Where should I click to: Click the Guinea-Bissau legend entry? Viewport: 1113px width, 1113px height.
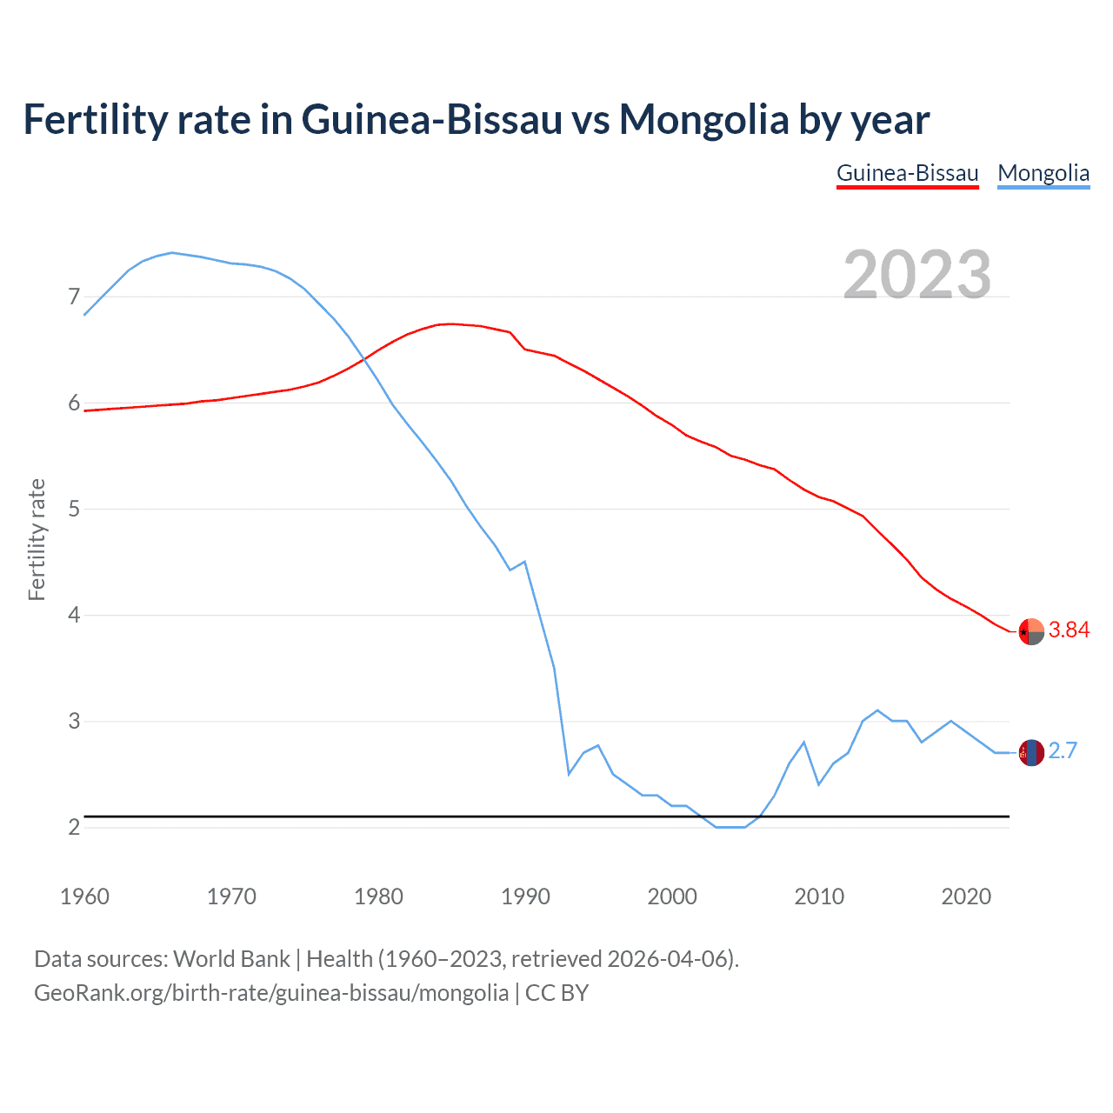point(907,173)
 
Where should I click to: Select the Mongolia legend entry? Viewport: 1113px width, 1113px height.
point(1043,173)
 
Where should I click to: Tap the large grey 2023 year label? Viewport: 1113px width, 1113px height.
point(916,275)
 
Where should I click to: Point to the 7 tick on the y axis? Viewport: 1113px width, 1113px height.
point(74,297)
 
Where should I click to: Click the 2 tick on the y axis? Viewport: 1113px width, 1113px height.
point(74,827)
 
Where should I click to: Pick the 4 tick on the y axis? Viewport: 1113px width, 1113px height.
point(74,616)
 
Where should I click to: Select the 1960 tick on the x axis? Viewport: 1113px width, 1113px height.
point(84,896)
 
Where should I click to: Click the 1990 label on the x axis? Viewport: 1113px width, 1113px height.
point(525,896)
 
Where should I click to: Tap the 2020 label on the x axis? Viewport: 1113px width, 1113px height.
point(966,896)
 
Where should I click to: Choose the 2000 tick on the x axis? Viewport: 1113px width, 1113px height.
point(672,896)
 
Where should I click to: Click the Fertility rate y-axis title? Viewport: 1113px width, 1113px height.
point(37,539)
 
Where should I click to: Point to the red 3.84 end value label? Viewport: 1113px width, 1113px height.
point(1069,630)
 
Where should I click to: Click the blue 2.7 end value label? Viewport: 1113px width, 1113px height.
point(1063,751)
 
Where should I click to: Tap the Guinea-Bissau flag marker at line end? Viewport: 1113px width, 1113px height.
point(1031,631)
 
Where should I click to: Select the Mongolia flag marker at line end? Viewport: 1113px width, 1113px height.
point(1031,752)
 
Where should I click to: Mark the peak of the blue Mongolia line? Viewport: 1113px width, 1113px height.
point(172,253)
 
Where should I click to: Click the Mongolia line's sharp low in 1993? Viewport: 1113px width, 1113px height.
point(569,773)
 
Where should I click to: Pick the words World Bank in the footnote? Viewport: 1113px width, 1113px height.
point(231,959)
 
